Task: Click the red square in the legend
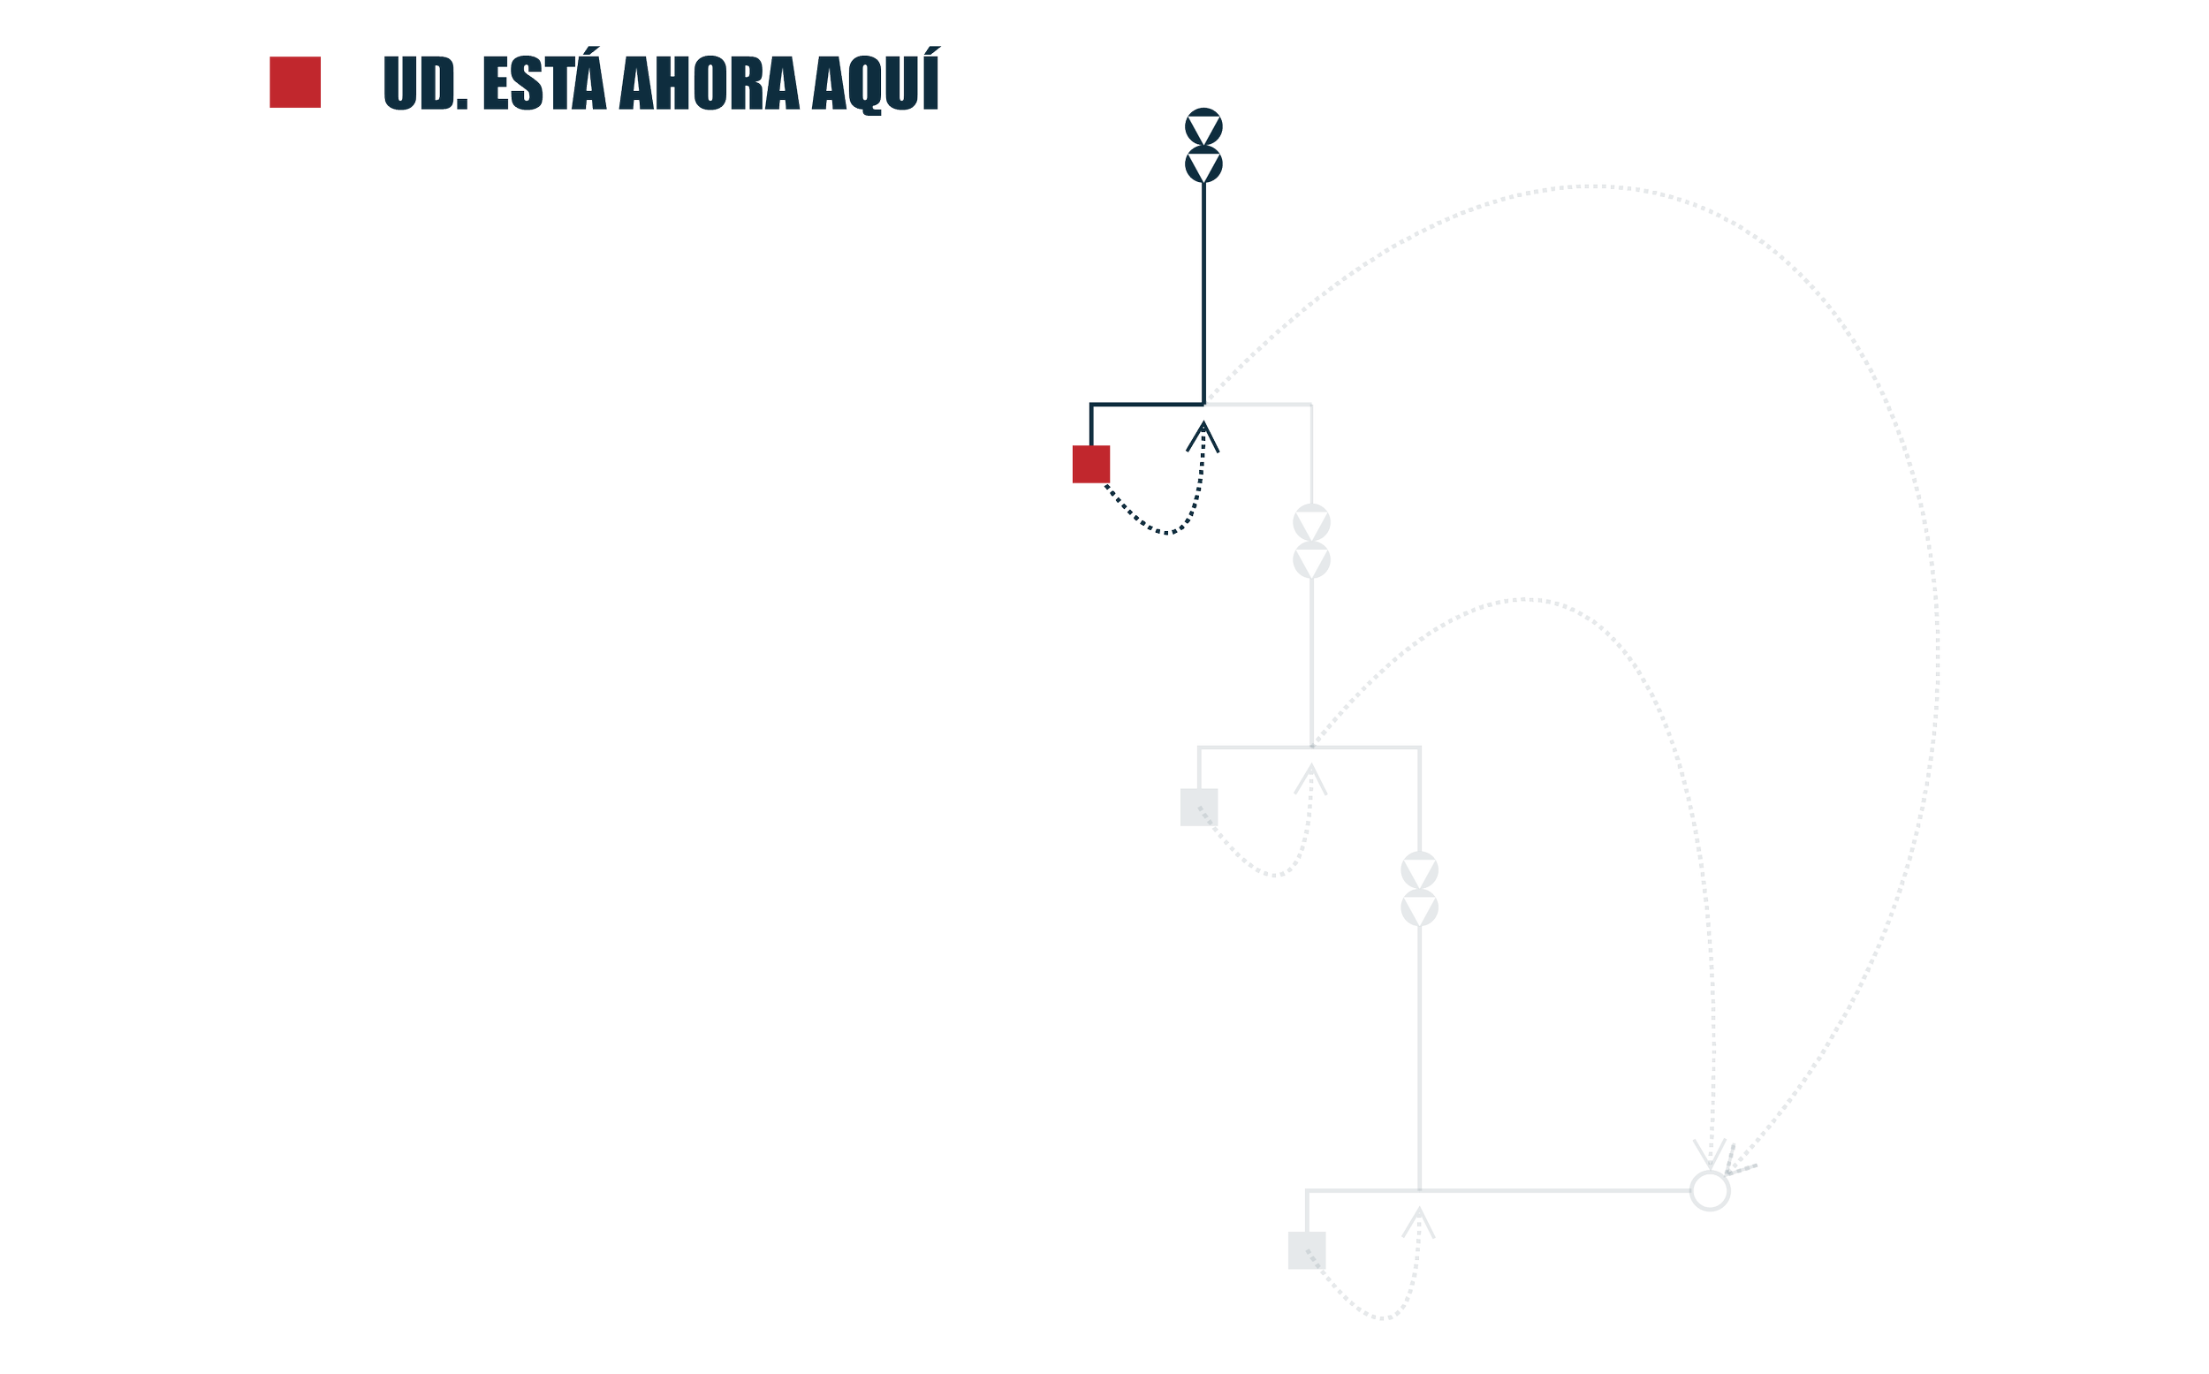[x=294, y=82]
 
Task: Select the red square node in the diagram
[x=1090, y=464]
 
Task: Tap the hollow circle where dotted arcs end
[x=1710, y=1189]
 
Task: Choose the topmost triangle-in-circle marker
[x=1203, y=127]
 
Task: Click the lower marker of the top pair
[x=1203, y=165]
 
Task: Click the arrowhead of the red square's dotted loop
[x=1203, y=435]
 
